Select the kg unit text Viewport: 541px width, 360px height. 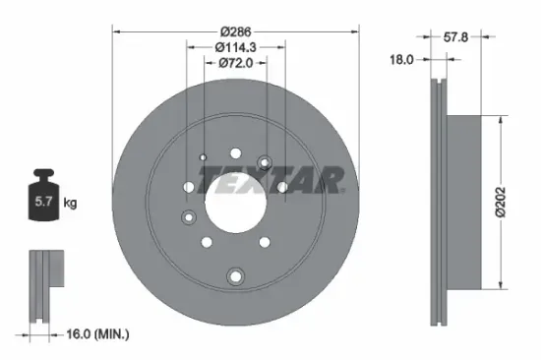click(x=71, y=204)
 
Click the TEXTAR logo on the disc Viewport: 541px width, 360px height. click(x=271, y=180)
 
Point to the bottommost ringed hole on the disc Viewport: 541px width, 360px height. click(x=234, y=276)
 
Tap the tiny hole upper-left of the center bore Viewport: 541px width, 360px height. click(x=203, y=157)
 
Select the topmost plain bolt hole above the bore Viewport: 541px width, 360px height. click(x=235, y=152)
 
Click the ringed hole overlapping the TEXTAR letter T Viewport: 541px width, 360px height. click(x=264, y=162)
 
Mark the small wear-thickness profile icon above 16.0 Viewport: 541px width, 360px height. click(x=44, y=285)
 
